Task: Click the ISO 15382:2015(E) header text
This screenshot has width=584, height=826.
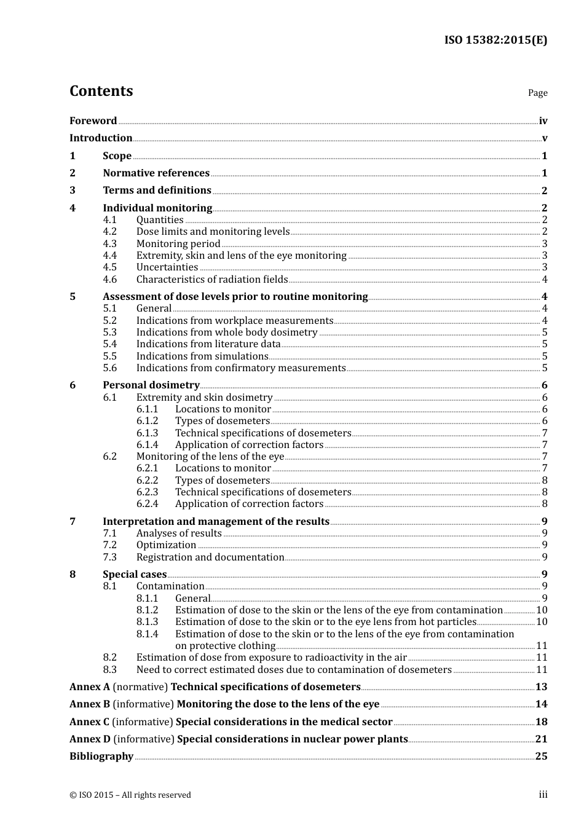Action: tap(495, 40)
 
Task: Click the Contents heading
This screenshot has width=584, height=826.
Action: tap(101, 91)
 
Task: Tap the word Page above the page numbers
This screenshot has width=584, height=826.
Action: tap(537, 93)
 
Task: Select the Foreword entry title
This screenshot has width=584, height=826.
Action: tap(93, 120)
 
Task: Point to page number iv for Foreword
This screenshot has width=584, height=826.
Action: tap(543, 121)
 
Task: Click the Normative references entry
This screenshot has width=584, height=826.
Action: tap(156, 173)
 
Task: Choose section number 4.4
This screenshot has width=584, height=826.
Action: tap(110, 256)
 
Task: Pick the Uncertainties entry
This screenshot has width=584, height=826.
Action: tap(167, 267)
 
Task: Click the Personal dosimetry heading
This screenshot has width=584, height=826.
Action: tap(151, 385)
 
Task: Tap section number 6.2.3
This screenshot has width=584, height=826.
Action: tap(148, 492)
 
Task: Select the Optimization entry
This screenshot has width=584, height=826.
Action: tap(166, 545)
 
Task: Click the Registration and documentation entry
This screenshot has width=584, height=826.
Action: tap(210, 557)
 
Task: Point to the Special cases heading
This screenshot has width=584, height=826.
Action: tap(135, 575)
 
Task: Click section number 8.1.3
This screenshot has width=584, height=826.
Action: tap(148, 622)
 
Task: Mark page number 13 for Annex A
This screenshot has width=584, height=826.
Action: tap(541, 687)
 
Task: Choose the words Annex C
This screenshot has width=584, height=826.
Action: tap(89, 722)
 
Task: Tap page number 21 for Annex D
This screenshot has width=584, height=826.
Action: tap(541, 739)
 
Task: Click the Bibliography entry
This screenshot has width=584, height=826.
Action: tap(101, 757)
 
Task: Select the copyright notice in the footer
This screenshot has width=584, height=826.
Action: tap(130, 795)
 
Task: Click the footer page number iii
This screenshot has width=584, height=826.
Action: tap(543, 795)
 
